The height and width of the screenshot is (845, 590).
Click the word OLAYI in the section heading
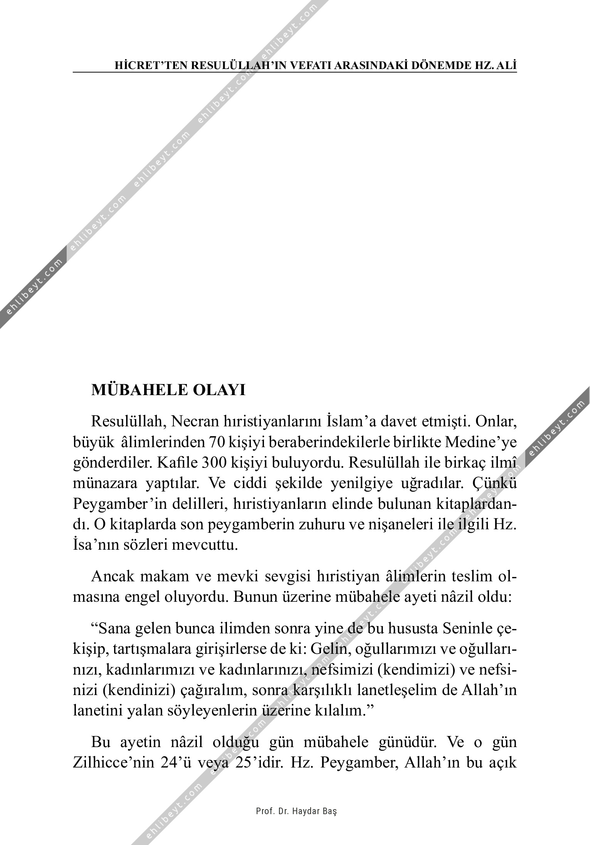[219, 390]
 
